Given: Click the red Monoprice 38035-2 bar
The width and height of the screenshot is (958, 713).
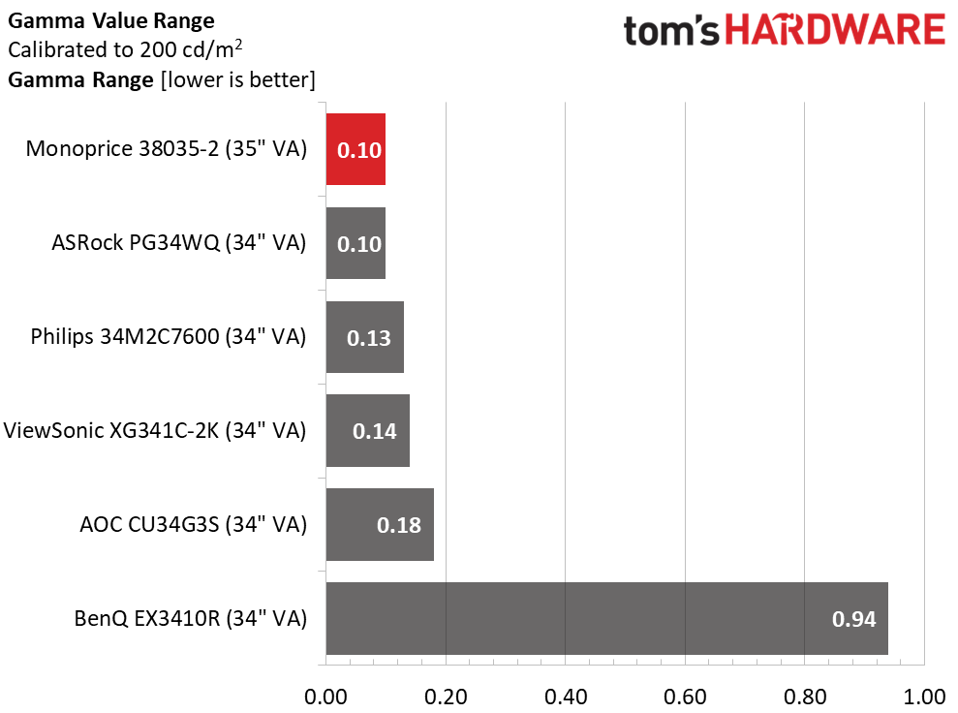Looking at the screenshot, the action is point(355,149).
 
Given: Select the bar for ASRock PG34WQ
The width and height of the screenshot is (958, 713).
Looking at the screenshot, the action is point(355,243).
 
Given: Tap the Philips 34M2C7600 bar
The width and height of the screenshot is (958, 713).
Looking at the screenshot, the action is point(365,337).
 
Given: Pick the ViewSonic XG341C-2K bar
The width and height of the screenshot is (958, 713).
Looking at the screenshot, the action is point(368,431).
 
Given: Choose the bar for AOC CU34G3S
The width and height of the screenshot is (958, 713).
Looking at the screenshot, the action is point(380,525).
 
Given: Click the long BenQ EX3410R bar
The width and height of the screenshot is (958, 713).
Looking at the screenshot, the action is point(606,618).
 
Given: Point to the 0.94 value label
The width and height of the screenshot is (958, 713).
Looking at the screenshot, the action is point(853,619).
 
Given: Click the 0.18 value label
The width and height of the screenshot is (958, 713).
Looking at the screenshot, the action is point(398,525).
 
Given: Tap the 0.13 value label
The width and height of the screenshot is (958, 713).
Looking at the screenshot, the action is point(368,338).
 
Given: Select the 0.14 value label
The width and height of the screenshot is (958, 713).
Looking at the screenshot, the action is point(375,431).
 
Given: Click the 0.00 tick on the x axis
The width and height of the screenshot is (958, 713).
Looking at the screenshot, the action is point(325,697).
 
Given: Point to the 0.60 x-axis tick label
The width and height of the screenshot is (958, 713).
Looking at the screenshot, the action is point(685,697).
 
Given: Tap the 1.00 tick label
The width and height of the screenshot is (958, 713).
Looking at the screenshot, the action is point(924,697).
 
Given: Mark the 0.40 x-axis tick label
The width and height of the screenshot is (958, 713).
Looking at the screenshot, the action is point(565,697).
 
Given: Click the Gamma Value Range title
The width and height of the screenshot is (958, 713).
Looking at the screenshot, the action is point(111,20).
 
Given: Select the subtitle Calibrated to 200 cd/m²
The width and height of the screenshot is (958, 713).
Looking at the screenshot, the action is point(125,48).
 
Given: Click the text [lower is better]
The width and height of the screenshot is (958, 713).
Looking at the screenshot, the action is point(237,80).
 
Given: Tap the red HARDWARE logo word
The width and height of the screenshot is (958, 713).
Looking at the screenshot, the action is point(835,30).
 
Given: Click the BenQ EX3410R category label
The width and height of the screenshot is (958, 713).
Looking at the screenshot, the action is point(190,619).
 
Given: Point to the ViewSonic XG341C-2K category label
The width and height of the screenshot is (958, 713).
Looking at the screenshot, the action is point(155,431).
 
